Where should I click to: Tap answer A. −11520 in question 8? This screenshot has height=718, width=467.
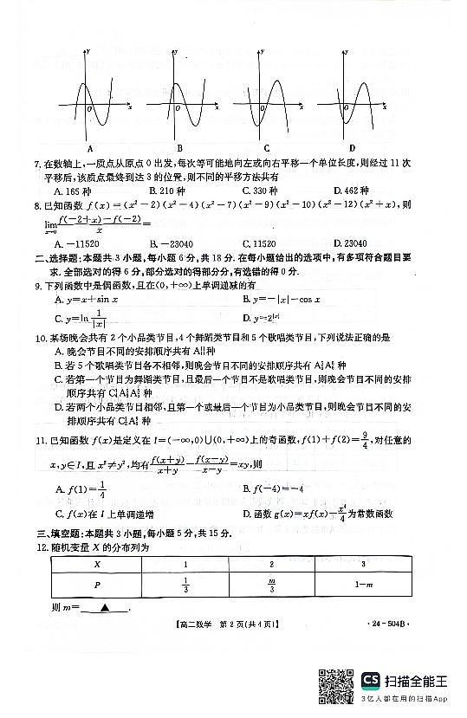tap(78, 243)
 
